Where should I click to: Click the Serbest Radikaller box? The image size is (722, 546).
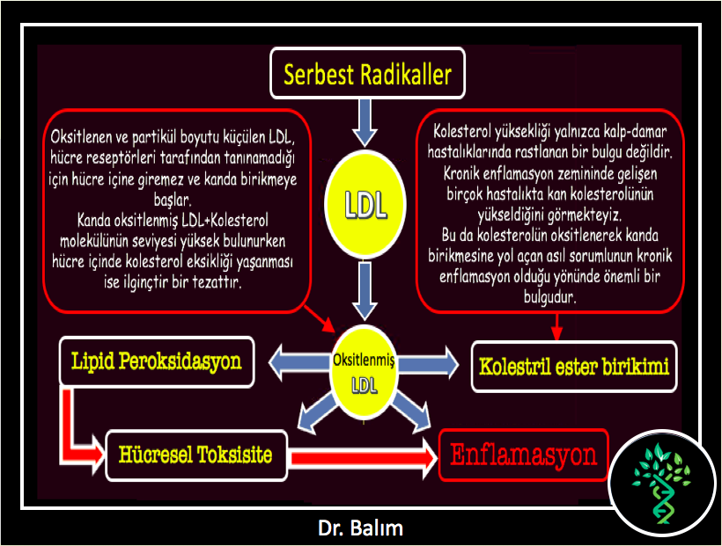[367, 73]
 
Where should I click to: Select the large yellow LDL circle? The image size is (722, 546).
[365, 204]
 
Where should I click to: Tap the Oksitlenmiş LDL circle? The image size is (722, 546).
[364, 372]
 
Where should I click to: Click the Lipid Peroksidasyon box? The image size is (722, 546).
[157, 361]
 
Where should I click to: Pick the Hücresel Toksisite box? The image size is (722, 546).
[196, 455]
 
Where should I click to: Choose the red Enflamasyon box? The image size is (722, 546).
[524, 455]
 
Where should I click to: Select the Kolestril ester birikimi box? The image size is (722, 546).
[574, 367]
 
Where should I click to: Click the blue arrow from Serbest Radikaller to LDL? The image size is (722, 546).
[365, 122]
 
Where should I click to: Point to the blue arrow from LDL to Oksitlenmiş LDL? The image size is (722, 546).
[365, 291]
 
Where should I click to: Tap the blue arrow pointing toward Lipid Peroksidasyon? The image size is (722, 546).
[299, 362]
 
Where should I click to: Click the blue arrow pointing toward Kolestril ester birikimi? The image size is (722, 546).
[428, 364]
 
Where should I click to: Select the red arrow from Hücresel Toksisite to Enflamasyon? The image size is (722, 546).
[364, 458]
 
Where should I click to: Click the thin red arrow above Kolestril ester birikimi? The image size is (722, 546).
[556, 327]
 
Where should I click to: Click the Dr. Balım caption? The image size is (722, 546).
[360, 528]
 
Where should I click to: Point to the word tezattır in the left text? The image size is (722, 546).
[217, 281]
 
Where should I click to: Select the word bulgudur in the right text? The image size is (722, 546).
[549, 296]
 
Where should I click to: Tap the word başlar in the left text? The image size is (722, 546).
[173, 200]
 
